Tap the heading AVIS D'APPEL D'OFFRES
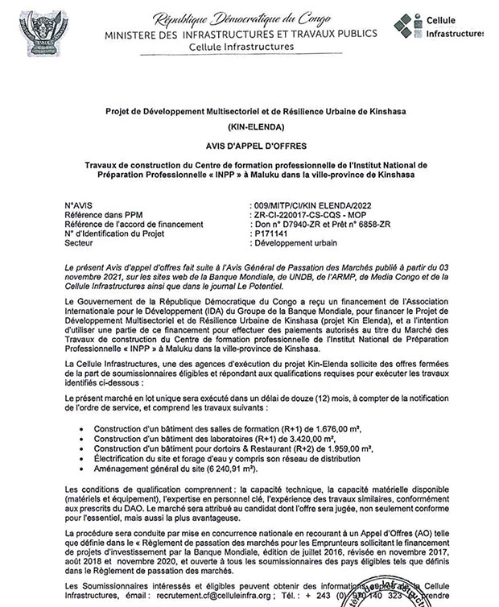(x=249, y=147)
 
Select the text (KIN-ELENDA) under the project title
(x=249, y=129)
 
